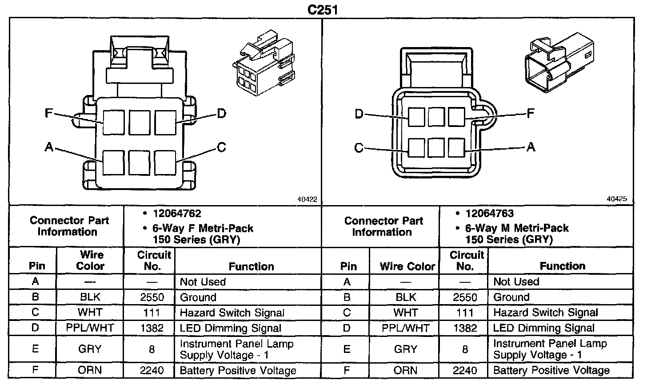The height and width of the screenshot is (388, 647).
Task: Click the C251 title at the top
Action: pyautogui.click(x=323, y=9)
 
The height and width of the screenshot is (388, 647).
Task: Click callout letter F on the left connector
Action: pyautogui.click(x=49, y=113)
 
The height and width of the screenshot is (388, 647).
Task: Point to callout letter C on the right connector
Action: pyautogui.click(x=359, y=147)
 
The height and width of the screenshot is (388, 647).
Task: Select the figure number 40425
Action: pyautogui.click(x=617, y=199)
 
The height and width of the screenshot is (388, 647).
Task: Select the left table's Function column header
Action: pyautogui.click(x=251, y=266)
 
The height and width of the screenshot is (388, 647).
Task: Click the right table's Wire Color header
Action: pyautogui.click(x=407, y=266)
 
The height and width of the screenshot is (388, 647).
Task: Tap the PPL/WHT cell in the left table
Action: pyautogui.click(x=90, y=328)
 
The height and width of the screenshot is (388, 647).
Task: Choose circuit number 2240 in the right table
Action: pyautogui.click(x=465, y=370)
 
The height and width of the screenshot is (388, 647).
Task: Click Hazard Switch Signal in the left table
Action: pyautogui.click(x=232, y=313)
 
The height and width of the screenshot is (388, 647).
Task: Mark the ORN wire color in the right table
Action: pyautogui.click(x=405, y=370)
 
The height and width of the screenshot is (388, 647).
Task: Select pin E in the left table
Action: pyautogui.click(x=36, y=349)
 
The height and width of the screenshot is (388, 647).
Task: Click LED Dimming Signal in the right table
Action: pyautogui.click(x=544, y=328)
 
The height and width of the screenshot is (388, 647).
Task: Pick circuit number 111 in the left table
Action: pyautogui.click(x=152, y=313)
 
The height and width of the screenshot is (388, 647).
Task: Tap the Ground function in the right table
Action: pyautogui.click(x=511, y=297)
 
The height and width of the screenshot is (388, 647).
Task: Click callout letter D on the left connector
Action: pyautogui.click(x=221, y=113)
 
